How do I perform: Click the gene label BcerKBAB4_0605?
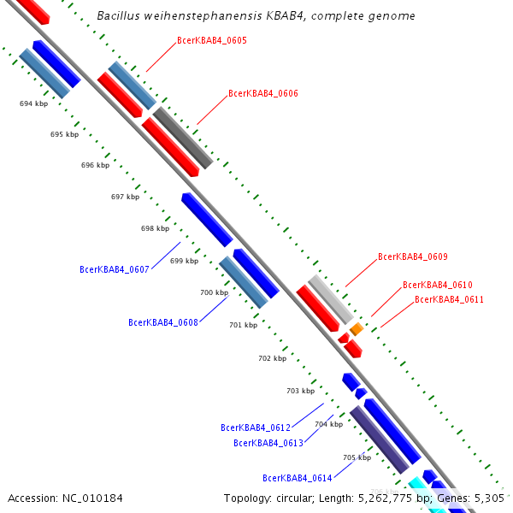coord(212,41)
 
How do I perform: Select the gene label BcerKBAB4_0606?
coord(263,94)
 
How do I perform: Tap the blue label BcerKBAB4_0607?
coord(115,270)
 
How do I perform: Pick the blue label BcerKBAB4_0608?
coord(163,323)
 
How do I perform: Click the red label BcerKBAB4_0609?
coord(413,256)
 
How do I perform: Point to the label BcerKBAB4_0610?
coord(438,286)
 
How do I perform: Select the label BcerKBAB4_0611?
coord(450,300)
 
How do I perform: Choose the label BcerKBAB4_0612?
coord(256,427)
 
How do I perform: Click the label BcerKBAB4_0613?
coord(268,443)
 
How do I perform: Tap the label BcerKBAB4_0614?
coord(298,479)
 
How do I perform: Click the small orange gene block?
coord(357,328)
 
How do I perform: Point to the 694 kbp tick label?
coord(33,103)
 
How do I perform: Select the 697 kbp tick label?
coord(125,197)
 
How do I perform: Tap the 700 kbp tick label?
coord(214,292)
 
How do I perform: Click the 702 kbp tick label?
coord(272,358)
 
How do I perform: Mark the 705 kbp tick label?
coord(357,457)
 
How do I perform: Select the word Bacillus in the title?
coord(120,16)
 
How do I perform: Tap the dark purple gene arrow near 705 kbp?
coord(379,439)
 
